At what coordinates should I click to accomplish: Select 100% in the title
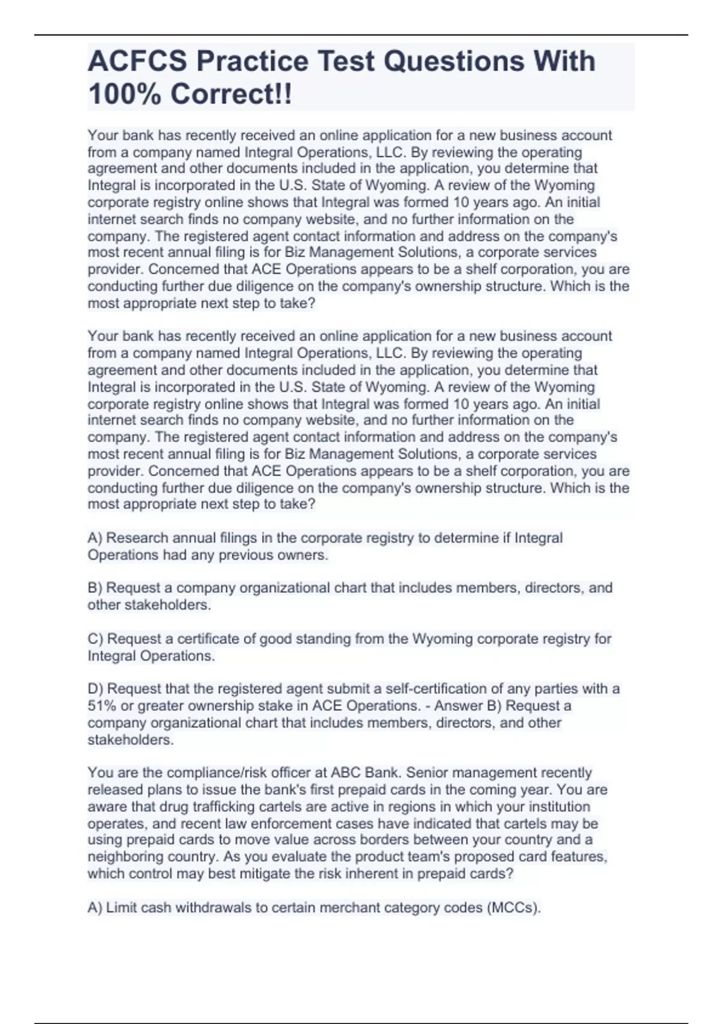pyautogui.click(x=124, y=95)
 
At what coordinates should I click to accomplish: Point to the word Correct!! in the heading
pyautogui.click(x=231, y=95)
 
